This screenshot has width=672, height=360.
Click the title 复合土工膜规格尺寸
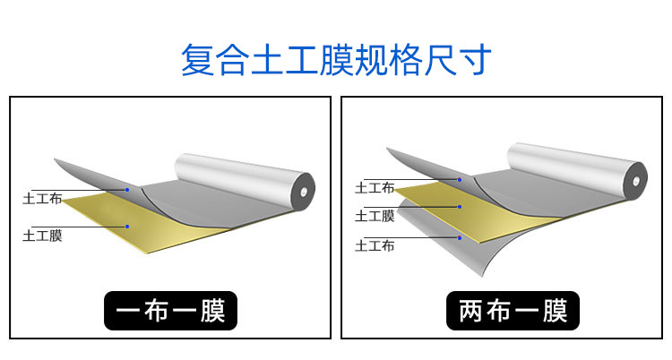tap(336, 60)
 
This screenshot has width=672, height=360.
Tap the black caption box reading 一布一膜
tap(170, 311)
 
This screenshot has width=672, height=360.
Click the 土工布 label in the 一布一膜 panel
tap(42, 199)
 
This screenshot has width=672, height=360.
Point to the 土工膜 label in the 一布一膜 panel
tap(42, 236)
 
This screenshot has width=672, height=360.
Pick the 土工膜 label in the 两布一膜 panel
tap(375, 216)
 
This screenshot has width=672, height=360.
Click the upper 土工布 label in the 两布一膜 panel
tap(375, 188)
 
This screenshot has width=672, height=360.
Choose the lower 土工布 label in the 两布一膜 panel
tap(375, 245)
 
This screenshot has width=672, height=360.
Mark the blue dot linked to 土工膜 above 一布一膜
tap(127, 227)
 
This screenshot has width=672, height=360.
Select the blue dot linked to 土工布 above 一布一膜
tap(127, 190)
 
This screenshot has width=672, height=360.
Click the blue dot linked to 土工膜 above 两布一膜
tap(460, 208)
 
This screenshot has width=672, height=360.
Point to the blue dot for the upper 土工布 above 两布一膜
tap(460, 179)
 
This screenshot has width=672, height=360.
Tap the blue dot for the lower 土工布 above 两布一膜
tap(460, 237)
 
